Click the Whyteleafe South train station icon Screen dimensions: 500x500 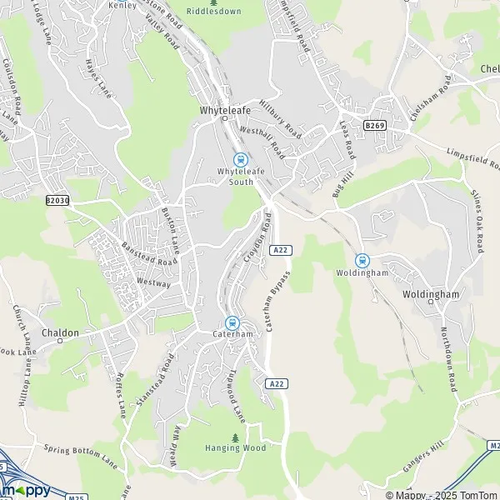(240, 160)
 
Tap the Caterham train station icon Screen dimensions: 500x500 (232, 323)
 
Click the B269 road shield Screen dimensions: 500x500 (374, 125)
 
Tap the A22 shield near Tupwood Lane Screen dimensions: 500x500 (277, 382)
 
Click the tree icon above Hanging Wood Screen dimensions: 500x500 (236, 437)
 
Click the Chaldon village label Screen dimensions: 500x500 (60, 332)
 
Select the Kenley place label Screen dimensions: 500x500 (122, 5)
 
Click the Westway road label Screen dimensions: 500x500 (155, 284)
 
